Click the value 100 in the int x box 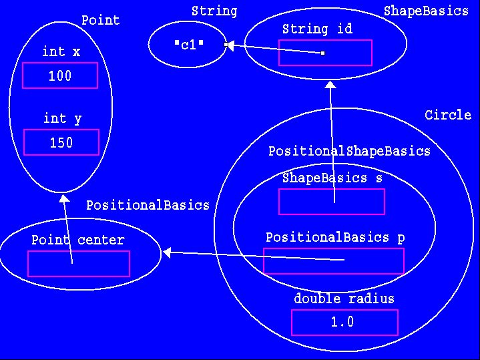tap(60, 76)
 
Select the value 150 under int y tap(61, 143)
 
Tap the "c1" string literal tap(188, 45)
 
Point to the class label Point tap(100, 20)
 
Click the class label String tap(214, 11)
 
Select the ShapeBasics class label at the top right tap(426, 11)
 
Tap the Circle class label tap(447, 115)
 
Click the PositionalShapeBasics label tap(349, 151)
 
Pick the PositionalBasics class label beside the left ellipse tap(148, 205)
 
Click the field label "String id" tap(317, 29)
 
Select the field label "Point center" tap(78, 240)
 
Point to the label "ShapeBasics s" tap(324, 178)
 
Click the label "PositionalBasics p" tap(335, 237)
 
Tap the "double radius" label tap(344, 299)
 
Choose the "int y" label tap(62, 118)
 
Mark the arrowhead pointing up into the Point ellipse tap(63, 198)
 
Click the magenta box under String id tap(325, 53)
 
